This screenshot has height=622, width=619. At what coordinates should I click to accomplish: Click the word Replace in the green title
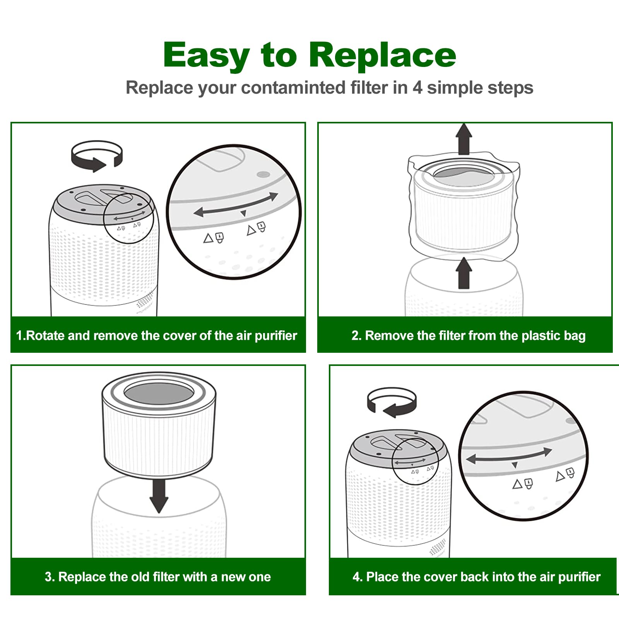(383, 55)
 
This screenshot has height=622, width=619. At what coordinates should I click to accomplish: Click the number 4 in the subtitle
(417, 88)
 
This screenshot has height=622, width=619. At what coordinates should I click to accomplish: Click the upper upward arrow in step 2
(463, 139)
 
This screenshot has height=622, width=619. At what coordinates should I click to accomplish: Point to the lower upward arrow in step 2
(463, 273)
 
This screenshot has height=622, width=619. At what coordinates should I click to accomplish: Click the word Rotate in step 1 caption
(46, 335)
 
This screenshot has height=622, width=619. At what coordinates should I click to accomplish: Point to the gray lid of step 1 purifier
(104, 203)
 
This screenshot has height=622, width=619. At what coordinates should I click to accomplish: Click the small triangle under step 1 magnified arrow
(243, 214)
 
